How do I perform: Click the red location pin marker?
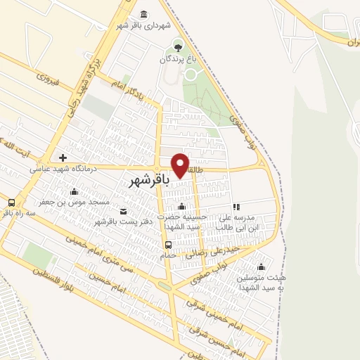[181, 165]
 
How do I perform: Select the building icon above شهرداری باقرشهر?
[143, 15]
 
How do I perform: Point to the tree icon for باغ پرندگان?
[176, 47]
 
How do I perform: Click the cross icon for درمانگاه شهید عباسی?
[63, 157]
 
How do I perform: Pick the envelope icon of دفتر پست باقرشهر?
[124, 212]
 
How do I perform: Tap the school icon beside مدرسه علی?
[236, 207]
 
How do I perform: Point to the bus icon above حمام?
[167, 245]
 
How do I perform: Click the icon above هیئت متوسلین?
[262, 266]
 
